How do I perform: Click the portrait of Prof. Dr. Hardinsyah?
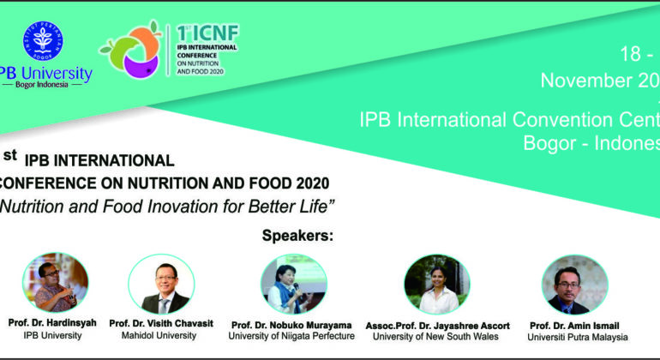[x=55, y=282]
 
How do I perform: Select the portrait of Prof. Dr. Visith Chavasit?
[x=162, y=284]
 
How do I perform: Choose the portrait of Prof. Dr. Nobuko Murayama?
[x=293, y=284]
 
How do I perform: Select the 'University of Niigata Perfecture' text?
[x=292, y=337]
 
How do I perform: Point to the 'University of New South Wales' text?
[x=435, y=337]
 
